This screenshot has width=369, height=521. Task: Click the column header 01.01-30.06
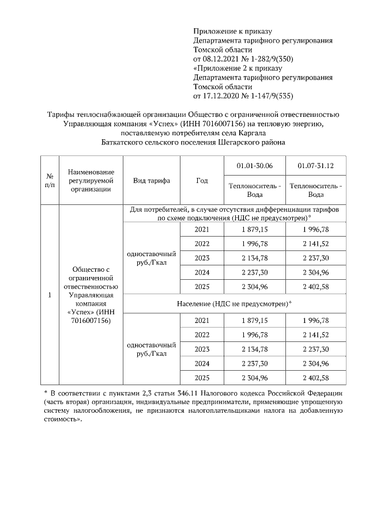pos(254,166)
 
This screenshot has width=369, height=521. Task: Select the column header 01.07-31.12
pos(315,166)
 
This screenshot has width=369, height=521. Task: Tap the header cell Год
pos(201,180)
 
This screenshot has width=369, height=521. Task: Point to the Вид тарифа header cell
pos(151,180)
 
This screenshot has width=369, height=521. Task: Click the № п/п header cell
pos(50,180)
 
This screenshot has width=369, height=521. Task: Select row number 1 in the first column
pos(50,295)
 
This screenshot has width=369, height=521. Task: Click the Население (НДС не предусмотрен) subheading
pos(234,303)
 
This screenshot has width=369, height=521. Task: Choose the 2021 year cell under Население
pos(202,320)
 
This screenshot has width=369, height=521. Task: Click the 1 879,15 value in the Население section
pos(254,320)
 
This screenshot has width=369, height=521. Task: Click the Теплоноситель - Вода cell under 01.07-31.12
pos(315,190)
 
